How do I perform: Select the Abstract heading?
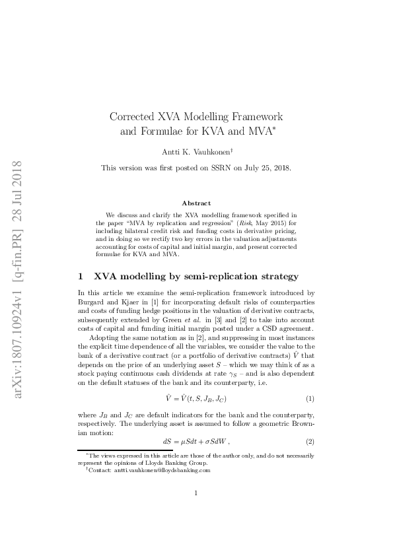click(196, 203)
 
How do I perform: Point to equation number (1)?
click(308, 399)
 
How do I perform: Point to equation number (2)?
click(308, 440)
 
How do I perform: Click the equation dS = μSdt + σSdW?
click(196, 440)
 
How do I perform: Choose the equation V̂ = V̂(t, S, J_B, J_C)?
click(196, 399)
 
